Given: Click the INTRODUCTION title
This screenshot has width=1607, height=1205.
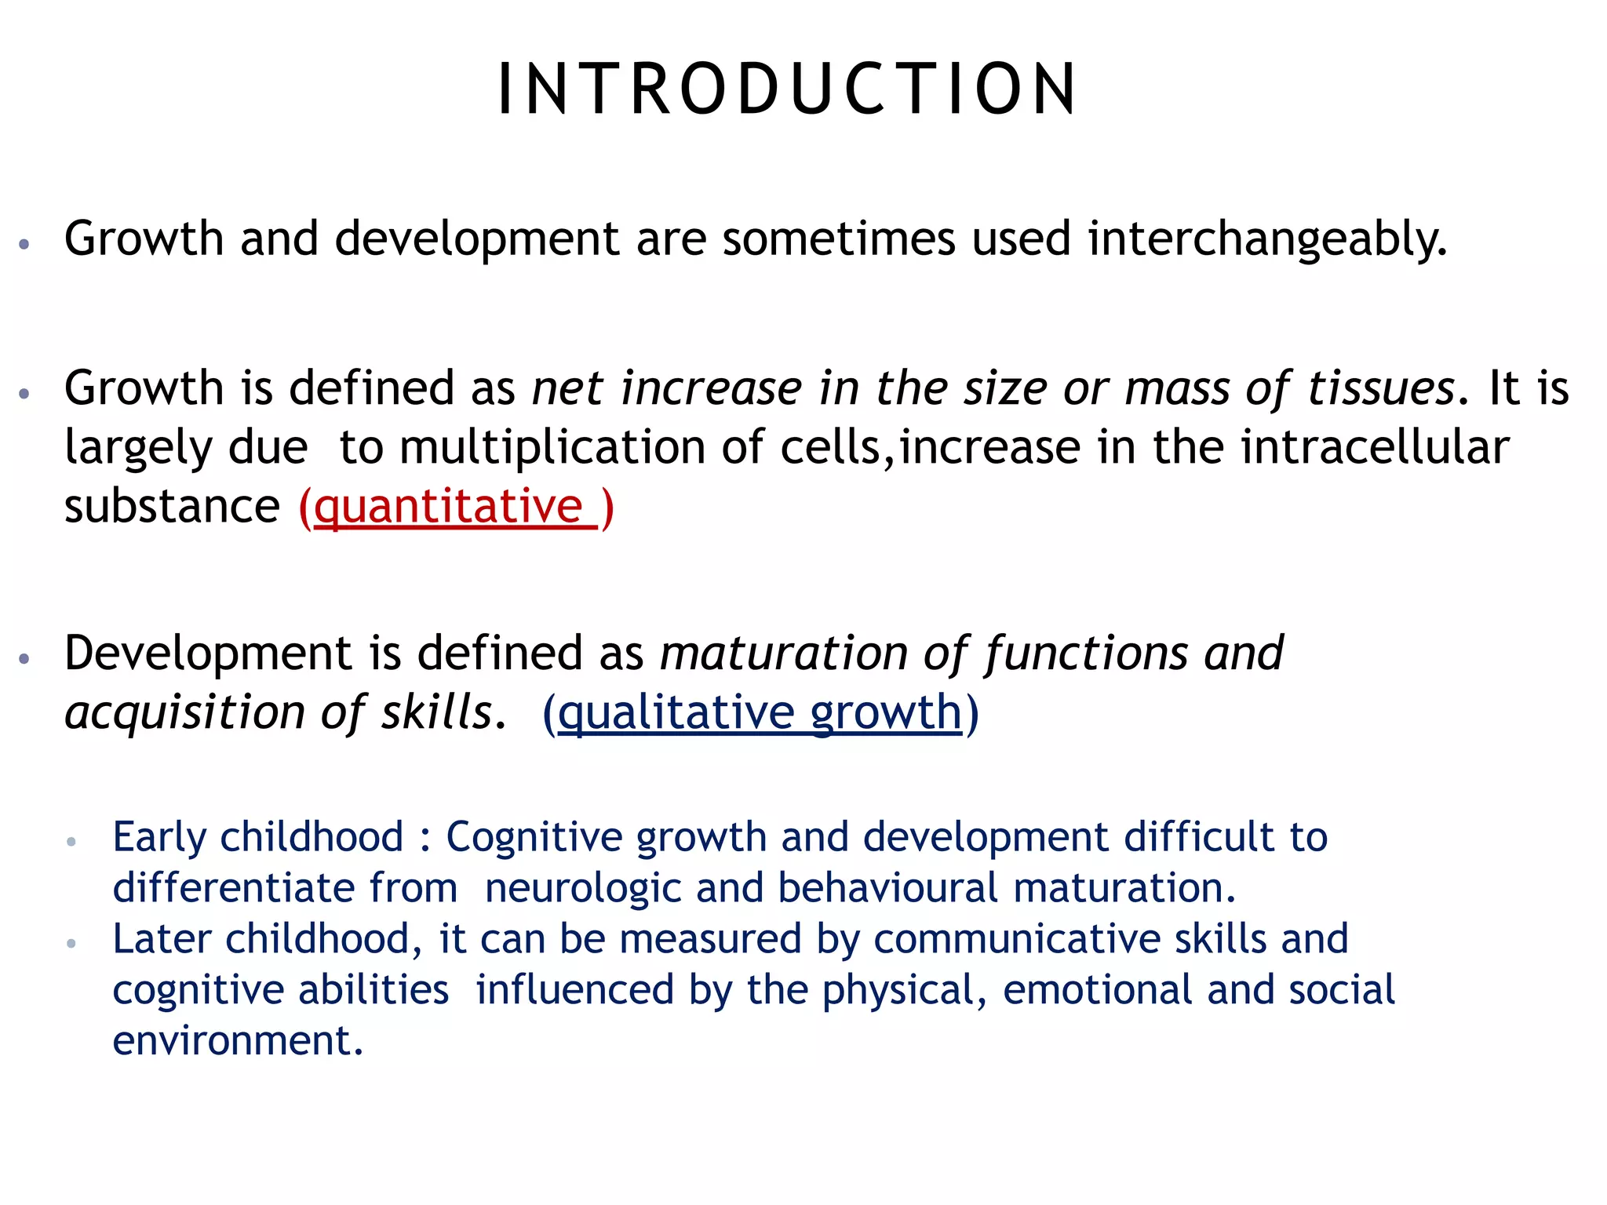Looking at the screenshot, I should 788,89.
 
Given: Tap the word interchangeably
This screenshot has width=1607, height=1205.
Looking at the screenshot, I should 1266,238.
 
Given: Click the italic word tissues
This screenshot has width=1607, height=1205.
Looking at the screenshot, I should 1381,388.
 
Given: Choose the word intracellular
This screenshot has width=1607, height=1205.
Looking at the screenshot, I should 1375,447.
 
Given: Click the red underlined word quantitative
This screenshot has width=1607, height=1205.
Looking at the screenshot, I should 448,507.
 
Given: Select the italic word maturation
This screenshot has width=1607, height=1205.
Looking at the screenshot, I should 783,653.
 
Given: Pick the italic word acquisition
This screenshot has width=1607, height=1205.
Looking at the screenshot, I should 184,712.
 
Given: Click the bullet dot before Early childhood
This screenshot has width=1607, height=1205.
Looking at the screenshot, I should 71,842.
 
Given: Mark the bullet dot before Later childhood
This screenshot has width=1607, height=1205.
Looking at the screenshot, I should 71,943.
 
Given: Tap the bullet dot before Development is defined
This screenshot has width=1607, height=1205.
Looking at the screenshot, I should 24,658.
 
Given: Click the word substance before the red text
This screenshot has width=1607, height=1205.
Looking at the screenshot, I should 172,507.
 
